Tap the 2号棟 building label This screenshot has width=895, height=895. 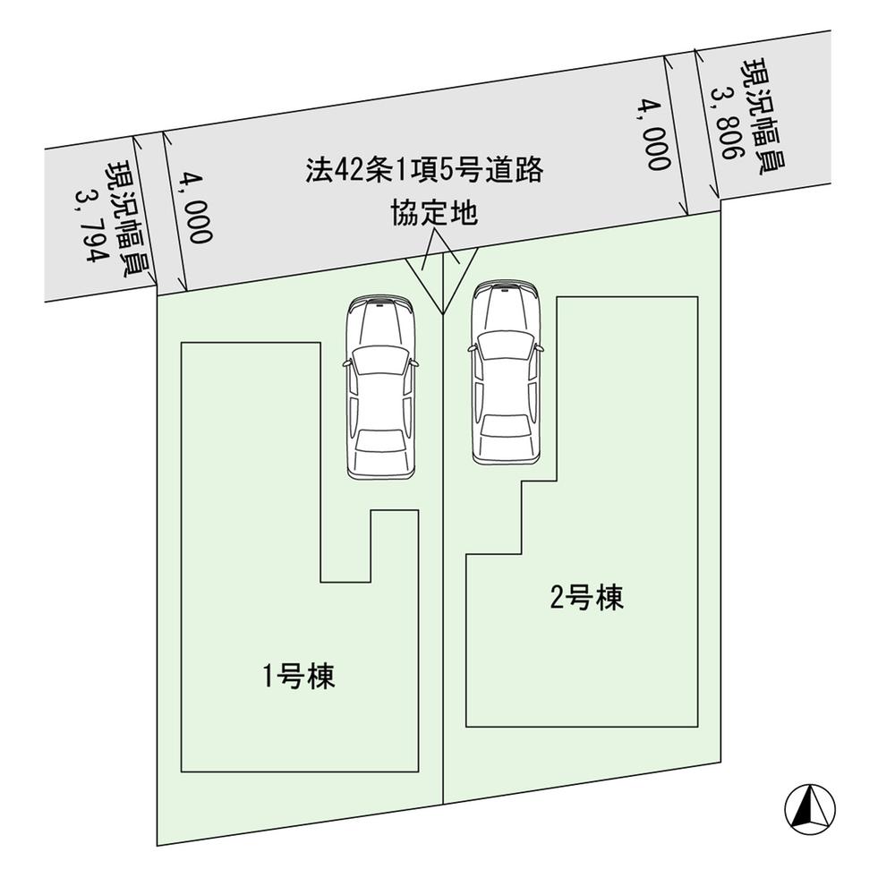coord(586,598)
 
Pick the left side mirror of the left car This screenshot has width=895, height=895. coord(345,363)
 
